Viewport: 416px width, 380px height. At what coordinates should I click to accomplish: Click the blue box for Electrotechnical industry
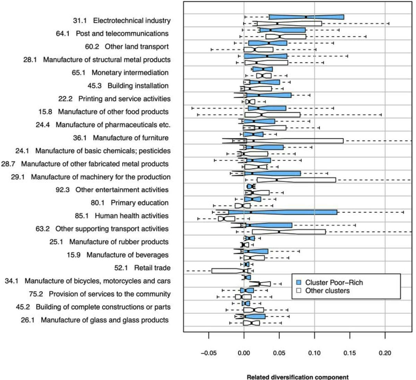click(306, 17)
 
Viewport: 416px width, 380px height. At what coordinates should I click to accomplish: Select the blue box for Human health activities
click(283, 212)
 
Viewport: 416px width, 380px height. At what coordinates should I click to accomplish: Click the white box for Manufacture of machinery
click(296, 180)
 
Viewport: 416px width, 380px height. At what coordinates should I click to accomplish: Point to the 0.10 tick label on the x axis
click(314, 353)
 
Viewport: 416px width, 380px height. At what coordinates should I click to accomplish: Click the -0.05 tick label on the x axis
click(209, 353)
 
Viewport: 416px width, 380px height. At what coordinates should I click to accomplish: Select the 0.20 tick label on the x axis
click(385, 353)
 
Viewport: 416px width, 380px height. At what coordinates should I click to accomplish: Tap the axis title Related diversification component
click(297, 377)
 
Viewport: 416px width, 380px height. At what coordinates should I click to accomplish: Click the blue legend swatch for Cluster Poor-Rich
click(299, 283)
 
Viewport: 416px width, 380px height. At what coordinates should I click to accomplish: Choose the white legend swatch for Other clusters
click(299, 291)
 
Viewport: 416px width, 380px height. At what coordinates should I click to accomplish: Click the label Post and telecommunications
click(122, 34)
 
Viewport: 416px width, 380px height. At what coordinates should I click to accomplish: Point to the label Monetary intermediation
click(130, 73)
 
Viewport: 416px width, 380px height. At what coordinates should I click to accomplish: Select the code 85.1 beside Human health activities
click(81, 216)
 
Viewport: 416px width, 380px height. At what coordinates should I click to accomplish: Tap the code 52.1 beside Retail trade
click(121, 268)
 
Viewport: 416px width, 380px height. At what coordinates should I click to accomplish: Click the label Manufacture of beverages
click(127, 255)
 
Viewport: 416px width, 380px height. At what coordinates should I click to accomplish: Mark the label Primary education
click(139, 203)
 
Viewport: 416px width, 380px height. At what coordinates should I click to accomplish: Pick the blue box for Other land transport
click(268, 43)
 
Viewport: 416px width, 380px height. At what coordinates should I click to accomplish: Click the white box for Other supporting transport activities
click(289, 232)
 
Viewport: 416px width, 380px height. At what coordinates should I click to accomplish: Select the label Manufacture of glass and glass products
click(105, 320)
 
